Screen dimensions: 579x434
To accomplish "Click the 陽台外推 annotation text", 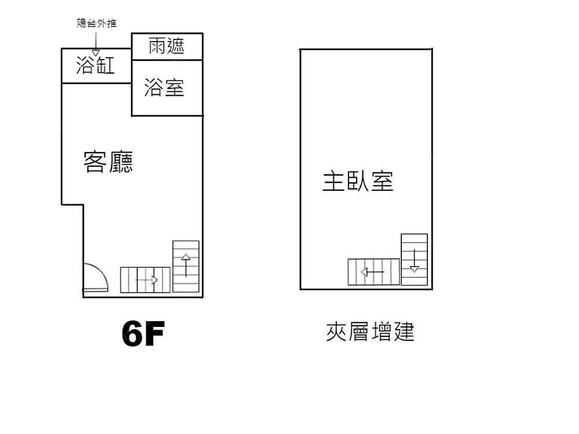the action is [x=97, y=23].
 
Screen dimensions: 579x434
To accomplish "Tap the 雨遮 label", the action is [x=166, y=46].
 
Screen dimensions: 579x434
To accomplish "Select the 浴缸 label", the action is [x=96, y=65].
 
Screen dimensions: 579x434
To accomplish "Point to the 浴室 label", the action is [x=164, y=88].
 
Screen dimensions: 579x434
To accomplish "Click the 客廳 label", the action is [x=108, y=162].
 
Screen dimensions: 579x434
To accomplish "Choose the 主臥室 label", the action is [x=358, y=181].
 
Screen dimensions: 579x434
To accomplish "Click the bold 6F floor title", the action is [x=143, y=334].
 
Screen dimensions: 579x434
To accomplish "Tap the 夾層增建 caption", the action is [x=370, y=332].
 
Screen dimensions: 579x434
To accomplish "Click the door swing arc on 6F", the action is [x=101, y=271].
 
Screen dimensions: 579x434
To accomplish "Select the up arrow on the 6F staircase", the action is [x=186, y=265].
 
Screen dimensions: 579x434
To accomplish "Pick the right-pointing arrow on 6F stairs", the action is [x=146, y=281].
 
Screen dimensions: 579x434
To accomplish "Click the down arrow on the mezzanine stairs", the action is [x=415, y=260].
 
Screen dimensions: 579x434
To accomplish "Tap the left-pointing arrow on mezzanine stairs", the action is [x=372, y=273].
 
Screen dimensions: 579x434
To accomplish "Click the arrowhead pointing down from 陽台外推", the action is [x=96, y=53].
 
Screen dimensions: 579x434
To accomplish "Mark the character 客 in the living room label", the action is [x=96, y=162].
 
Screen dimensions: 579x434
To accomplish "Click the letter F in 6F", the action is [x=154, y=334].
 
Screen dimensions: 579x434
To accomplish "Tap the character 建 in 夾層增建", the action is [x=404, y=332].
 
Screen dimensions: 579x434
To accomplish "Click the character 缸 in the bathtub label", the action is [x=105, y=65].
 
